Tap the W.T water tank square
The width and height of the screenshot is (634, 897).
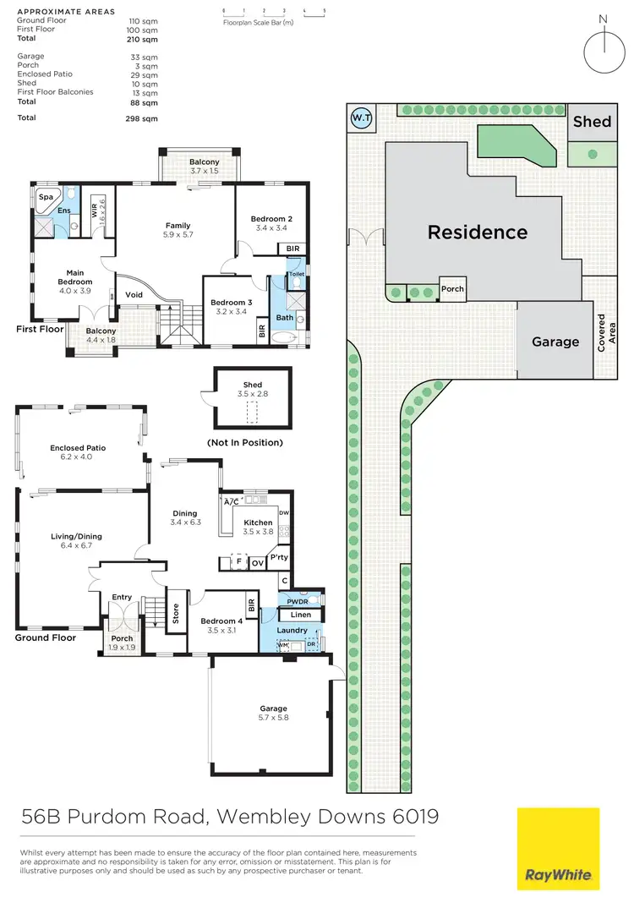point(360,118)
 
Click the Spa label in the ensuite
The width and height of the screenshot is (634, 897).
point(45,197)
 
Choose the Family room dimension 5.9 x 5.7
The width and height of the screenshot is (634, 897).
point(178,235)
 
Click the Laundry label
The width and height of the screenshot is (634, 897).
point(292,631)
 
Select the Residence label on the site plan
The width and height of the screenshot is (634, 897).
point(477,232)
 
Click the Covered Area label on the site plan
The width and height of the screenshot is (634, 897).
point(602,332)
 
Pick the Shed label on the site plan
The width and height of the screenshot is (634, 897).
point(592,122)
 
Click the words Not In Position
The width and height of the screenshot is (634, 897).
point(244,442)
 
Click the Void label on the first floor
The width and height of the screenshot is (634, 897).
point(134,295)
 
